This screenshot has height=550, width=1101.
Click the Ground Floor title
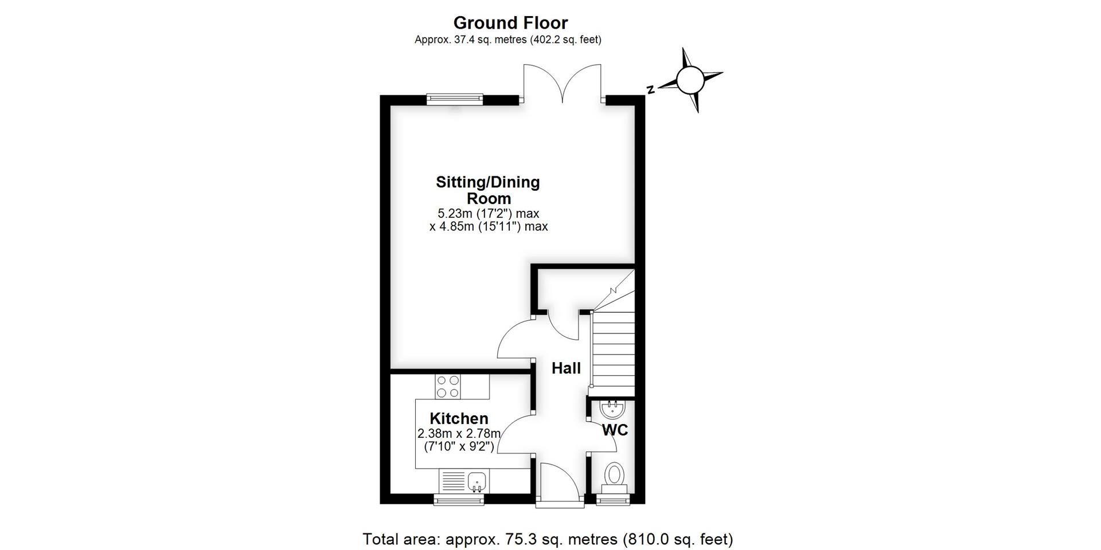coord(510,23)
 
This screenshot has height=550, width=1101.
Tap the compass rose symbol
coord(689,80)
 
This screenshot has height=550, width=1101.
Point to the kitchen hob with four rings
coord(447,386)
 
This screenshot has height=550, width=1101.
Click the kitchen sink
coord(475,481)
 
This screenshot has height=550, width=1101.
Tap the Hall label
coord(566,368)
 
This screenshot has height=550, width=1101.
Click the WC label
coord(615,430)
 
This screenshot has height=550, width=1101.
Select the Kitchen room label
coord(459,418)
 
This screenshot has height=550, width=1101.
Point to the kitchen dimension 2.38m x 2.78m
coord(459,433)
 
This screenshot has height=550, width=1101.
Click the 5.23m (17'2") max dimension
coord(488,214)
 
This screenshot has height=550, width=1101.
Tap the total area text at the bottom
coord(548,539)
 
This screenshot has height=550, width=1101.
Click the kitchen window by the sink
coord(458,500)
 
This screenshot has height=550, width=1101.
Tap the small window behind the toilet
coord(614,500)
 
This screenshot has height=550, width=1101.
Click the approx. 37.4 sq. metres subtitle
coord(508,40)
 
